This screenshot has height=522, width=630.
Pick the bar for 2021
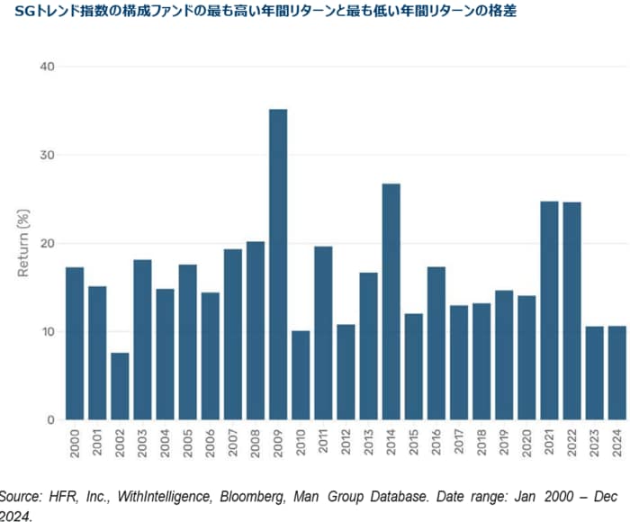point(549,310)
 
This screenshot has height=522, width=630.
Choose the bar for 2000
point(75,343)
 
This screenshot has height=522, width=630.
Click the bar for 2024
point(616,373)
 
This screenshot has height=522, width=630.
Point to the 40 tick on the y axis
point(47,67)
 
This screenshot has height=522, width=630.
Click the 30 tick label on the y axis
point(47,155)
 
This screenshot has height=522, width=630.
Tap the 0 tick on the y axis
point(50,420)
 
